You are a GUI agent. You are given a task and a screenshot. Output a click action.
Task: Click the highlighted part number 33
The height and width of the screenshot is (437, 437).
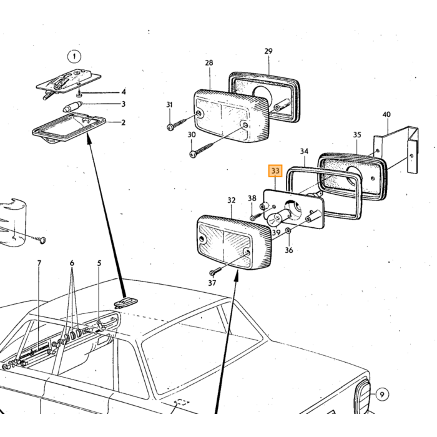275,170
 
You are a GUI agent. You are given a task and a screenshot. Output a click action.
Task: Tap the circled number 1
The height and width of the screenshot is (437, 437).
74,57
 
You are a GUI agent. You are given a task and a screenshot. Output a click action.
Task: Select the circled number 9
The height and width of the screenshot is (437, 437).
382,395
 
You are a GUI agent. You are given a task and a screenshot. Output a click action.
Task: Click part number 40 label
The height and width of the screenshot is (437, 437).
386,114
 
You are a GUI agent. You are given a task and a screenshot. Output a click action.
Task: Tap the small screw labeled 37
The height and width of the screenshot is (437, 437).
215,271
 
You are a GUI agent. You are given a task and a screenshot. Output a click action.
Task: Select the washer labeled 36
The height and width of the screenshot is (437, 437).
288,231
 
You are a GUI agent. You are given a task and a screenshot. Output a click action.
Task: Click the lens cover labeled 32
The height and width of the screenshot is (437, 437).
234,242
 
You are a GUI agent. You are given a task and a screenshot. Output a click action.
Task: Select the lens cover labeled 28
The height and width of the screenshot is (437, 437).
232,115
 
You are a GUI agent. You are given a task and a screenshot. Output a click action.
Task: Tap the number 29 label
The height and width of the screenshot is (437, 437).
268,51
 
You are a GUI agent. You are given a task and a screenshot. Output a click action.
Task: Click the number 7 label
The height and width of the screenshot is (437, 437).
39,263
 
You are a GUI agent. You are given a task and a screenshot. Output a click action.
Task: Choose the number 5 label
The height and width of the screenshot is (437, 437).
99,263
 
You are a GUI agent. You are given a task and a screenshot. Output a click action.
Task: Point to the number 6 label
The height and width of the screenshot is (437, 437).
72,263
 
